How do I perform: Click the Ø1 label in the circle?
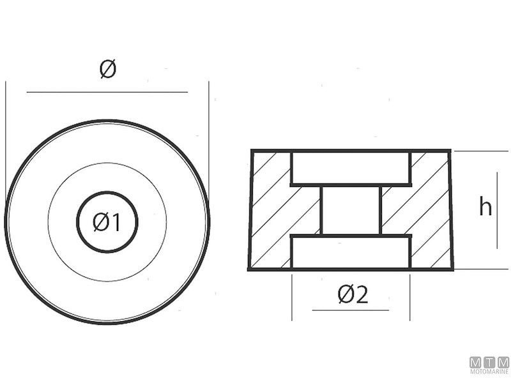pyautogui.click(x=107, y=222)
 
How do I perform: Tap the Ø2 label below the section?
pyautogui.click(x=353, y=294)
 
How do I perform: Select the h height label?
pyautogui.click(x=485, y=207)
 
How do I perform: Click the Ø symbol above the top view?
pyautogui.click(x=108, y=70)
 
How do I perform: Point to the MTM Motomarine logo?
pyautogui.click(x=489, y=366)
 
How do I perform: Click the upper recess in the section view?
pyautogui.click(x=351, y=168)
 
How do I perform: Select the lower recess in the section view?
pyautogui.click(x=351, y=252)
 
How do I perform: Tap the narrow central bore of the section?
pyautogui.click(x=351, y=210)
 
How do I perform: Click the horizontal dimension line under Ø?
pyautogui.click(x=107, y=92)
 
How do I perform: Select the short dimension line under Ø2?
pyautogui.click(x=350, y=310)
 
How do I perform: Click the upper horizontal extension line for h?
pyautogui.click(x=479, y=151)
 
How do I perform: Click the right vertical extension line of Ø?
pyautogui.click(x=209, y=128)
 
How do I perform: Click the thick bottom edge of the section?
pyautogui.click(x=351, y=269)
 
